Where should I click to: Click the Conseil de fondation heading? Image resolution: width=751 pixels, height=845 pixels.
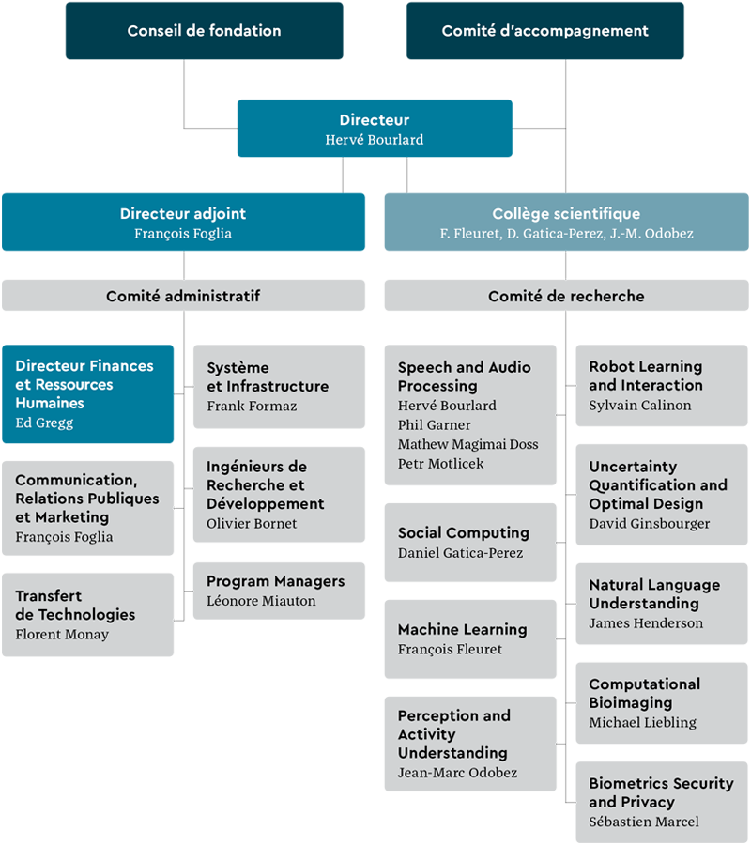point(204,31)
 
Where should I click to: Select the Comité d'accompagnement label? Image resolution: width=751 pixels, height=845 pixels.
point(544,31)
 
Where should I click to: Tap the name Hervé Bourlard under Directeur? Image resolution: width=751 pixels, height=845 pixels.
point(375,140)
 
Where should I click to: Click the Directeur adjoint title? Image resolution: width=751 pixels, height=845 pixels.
point(183,214)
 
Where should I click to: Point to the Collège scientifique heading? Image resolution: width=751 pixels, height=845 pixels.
point(566,214)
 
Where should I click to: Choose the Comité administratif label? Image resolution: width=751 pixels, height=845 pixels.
point(183,297)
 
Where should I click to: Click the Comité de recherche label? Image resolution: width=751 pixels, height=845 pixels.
point(566,297)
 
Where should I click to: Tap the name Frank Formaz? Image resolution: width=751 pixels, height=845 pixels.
point(252,406)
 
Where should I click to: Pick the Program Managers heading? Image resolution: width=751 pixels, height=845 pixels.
point(275,581)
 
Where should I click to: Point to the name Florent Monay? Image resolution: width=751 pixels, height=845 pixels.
point(62,635)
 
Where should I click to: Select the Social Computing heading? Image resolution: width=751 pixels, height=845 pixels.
point(464,533)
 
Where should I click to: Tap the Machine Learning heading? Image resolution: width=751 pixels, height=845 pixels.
point(462,630)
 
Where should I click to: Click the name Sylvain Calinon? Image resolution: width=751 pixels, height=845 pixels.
point(640,406)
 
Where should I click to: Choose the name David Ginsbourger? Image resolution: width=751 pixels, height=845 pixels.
point(650,524)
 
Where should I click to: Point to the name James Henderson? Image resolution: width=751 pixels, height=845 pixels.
point(646,623)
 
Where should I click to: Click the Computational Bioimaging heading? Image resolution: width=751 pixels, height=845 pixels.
point(645,693)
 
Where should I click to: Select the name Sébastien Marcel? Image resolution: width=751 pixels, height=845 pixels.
point(644,822)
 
